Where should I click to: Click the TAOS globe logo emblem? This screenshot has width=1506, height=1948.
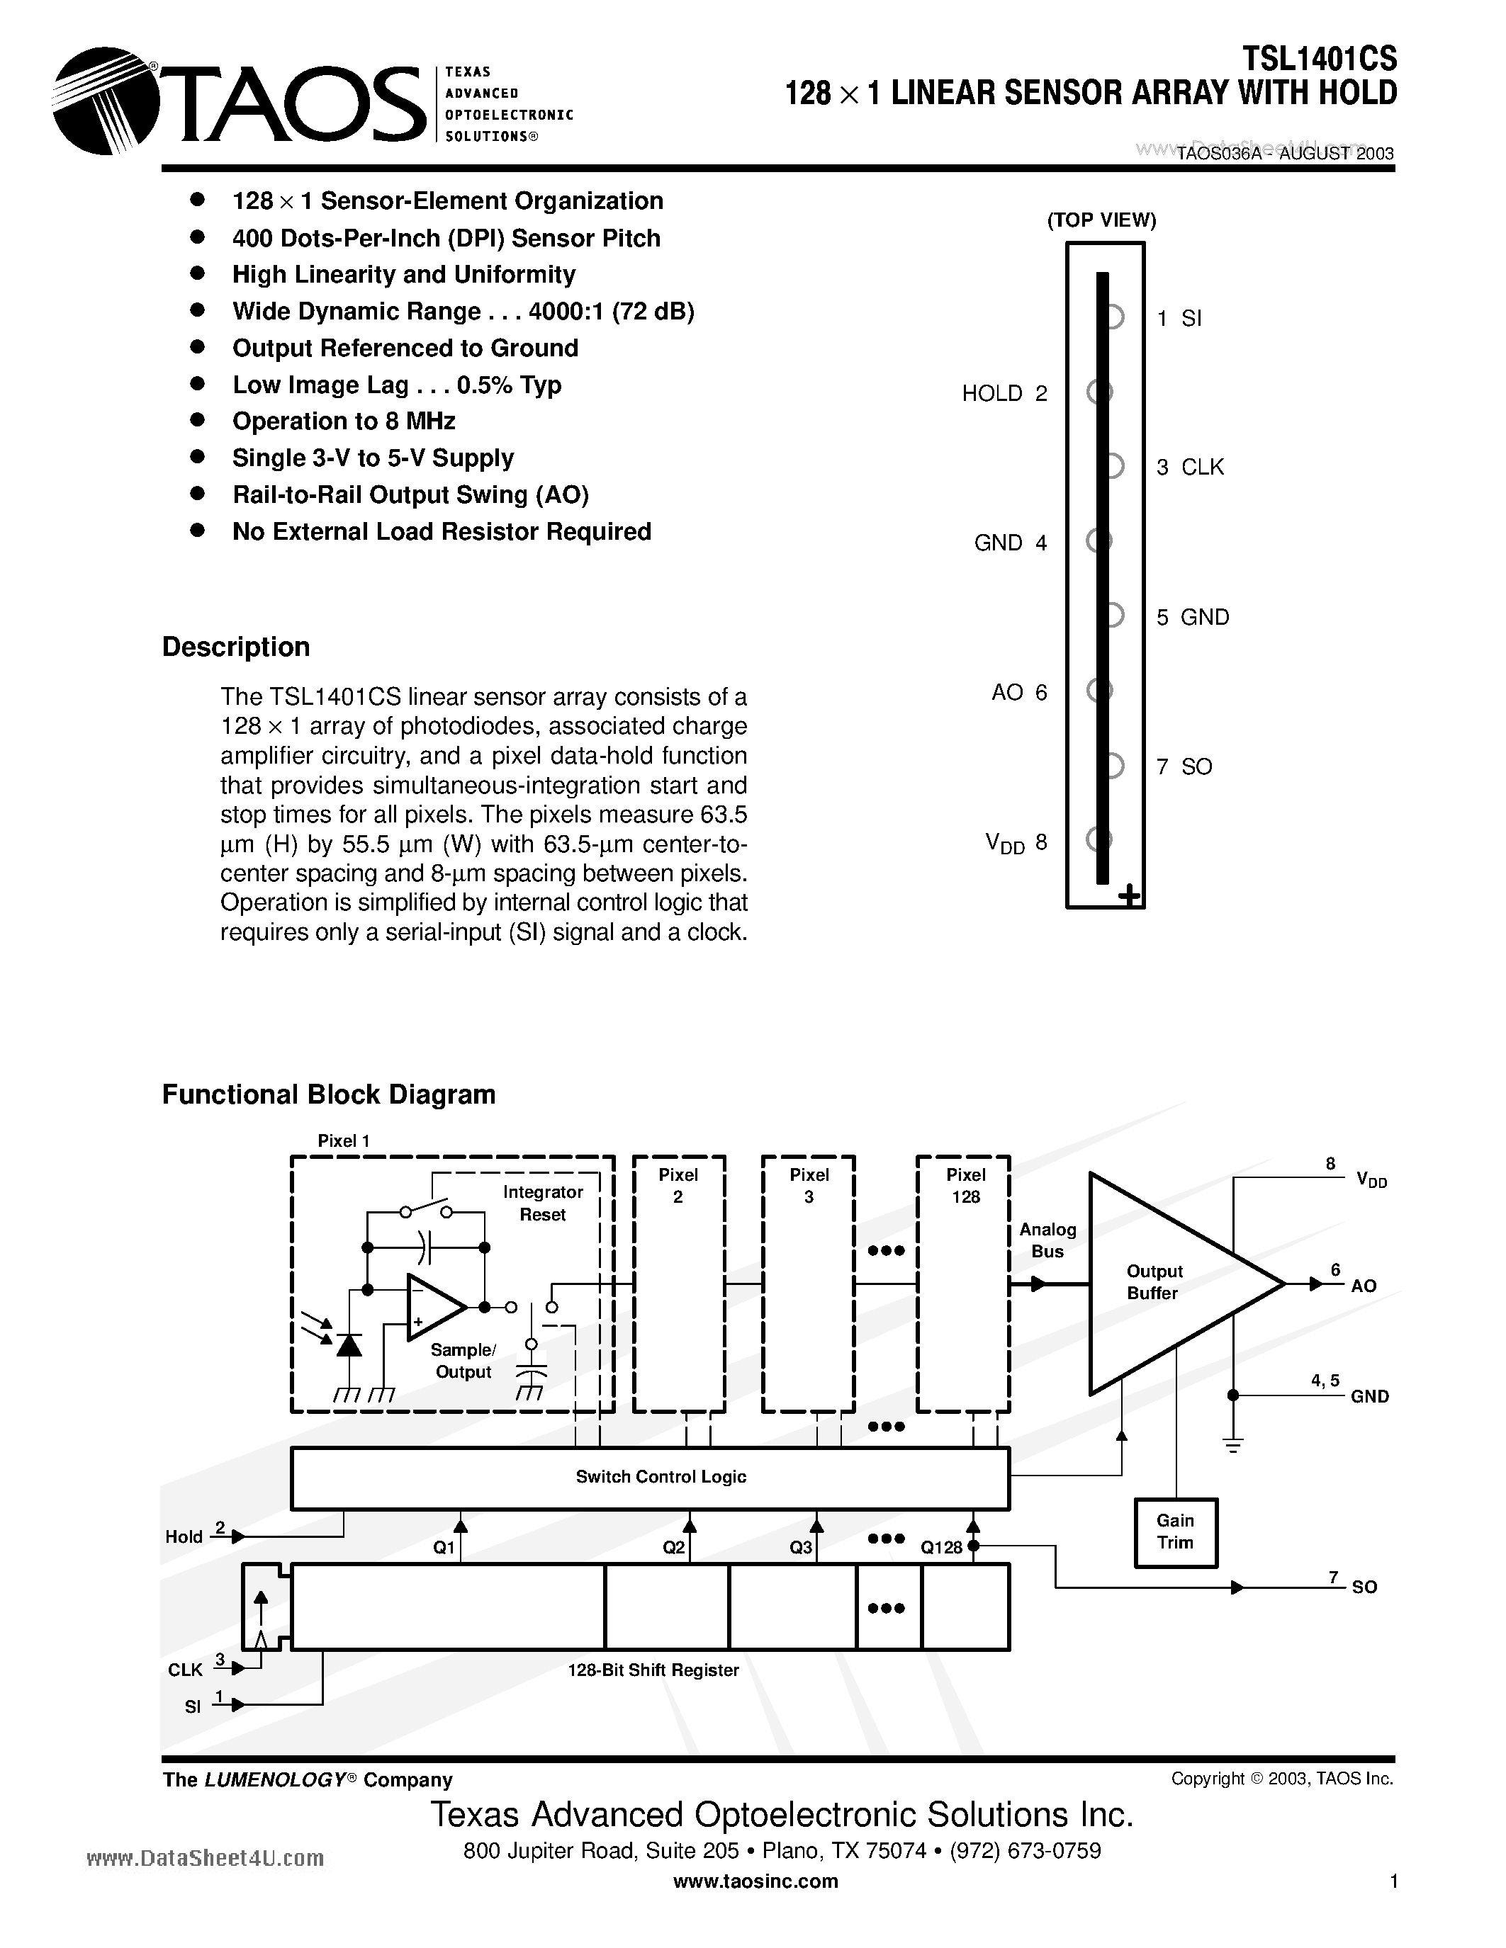(x=106, y=101)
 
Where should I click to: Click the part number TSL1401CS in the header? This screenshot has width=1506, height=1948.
(x=1320, y=59)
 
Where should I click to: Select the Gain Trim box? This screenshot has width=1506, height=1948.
(x=1175, y=1531)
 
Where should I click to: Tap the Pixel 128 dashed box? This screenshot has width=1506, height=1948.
(x=964, y=1284)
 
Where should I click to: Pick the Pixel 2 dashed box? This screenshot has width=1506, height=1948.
(x=678, y=1284)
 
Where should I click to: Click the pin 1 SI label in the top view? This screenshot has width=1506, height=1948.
(x=1179, y=319)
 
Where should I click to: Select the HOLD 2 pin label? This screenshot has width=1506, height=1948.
(x=1004, y=393)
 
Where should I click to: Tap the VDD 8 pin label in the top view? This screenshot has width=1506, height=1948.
(x=1016, y=843)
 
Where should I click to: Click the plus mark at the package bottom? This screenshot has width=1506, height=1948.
(x=1130, y=895)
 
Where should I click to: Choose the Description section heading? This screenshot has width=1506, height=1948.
(x=235, y=647)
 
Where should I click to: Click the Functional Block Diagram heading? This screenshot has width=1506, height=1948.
(x=328, y=1094)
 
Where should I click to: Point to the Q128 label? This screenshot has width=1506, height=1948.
(x=940, y=1548)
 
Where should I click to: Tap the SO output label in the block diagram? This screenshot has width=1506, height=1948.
(x=1364, y=1587)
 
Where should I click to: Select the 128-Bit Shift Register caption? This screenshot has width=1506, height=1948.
(x=653, y=1670)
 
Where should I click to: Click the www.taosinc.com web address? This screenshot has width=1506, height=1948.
(x=755, y=1881)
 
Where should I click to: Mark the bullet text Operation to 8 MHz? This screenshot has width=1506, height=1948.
(x=344, y=421)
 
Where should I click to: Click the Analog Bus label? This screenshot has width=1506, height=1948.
(x=1047, y=1240)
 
